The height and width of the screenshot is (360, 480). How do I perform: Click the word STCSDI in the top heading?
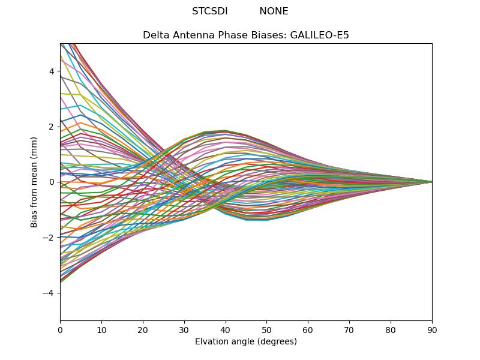coord(209,11)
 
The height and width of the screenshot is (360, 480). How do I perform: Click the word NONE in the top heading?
coord(274,11)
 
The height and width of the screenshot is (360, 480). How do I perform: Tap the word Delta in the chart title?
coord(155,35)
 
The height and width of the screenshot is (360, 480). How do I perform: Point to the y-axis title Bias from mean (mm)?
coord(35,182)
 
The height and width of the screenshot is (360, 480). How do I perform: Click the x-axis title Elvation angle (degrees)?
coord(246,341)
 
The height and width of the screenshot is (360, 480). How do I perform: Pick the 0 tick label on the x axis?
coord(60,329)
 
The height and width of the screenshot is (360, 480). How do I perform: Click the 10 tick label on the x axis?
coord(101,329)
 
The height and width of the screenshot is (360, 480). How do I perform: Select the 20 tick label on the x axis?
coord(143,329)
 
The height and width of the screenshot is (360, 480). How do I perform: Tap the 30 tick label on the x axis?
coord(184,329)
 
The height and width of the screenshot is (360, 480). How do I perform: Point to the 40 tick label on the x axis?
coord(226,329)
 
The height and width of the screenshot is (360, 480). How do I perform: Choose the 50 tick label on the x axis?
coord(266,329)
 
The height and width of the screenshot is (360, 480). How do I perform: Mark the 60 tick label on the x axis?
coord(308,329)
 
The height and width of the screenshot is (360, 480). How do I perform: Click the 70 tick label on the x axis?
coord(349,329)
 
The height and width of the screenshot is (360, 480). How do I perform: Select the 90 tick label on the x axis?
coord(432,329)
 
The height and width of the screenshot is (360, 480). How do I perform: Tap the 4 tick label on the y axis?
coord(52,71)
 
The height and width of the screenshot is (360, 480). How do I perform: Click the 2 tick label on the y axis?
coord(52,127)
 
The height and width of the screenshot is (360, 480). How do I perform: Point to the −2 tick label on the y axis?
coord(49,238)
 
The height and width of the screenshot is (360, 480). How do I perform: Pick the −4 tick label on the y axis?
coord(49,293)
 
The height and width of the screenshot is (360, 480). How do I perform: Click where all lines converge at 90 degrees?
coord(431,182)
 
